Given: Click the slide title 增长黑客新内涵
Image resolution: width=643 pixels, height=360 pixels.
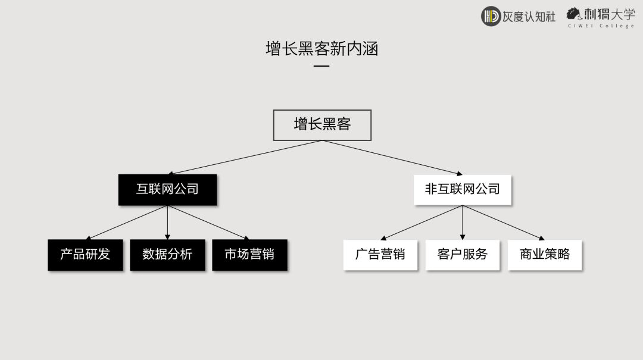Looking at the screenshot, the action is [x=321, y=49].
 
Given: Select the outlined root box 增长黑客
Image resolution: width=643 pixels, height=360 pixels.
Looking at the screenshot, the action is [x=322, y=125].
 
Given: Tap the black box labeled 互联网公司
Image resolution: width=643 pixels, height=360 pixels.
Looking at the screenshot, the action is [x=167, y=190].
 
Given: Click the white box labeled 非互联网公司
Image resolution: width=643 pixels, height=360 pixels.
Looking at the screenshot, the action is [x=463, y=190].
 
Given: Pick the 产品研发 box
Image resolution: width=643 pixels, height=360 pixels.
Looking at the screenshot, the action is [x=85, y=255].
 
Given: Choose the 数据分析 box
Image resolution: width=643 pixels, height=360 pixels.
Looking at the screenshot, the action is [x=167, y=255].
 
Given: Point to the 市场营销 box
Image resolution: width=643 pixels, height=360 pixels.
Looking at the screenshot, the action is [x=249, y=255].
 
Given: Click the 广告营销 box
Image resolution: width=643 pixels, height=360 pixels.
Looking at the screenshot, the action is [x=380, y=255].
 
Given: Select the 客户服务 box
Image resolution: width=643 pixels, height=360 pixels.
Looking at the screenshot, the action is [x=463, y=255].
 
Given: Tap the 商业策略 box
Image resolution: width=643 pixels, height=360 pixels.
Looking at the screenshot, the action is [x=545, y=255].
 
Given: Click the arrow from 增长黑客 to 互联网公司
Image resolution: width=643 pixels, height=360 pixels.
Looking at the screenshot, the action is [x=245, y=157].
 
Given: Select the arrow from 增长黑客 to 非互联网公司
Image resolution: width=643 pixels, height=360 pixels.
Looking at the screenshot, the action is [x=392, y=157].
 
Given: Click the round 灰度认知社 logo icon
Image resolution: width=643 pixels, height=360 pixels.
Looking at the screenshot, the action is [x=491, y=16].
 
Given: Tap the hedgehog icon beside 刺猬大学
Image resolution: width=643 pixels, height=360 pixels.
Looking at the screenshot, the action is [x=574, y=14].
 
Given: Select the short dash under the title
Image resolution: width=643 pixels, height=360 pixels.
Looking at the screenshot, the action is [x=321, y=65].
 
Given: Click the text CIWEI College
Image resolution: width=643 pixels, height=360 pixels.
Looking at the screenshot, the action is [x=601, y=26].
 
